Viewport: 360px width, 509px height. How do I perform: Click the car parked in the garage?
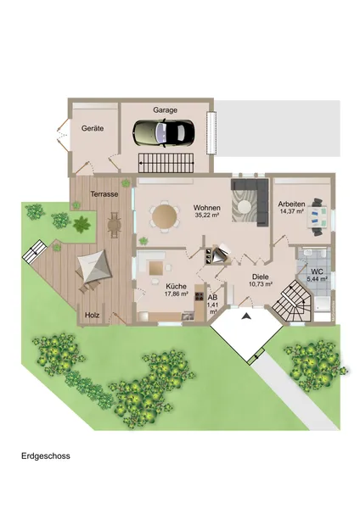click(164, 134)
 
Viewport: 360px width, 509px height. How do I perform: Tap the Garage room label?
click(166, 110)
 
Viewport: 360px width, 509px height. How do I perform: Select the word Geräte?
click(93, 128)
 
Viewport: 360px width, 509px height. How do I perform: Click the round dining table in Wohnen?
click(165, 215)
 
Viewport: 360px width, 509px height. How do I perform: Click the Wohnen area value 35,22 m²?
click(206, 215)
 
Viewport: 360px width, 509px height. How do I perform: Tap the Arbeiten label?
click(291, 204)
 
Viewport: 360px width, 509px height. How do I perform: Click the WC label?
click(317, 271)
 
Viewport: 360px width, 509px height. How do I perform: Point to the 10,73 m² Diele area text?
click(261, 284)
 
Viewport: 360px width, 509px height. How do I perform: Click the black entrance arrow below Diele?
click(246, 316)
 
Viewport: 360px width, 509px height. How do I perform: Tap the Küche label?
click(177, 287)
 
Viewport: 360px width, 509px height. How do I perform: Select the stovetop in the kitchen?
click(200, 296)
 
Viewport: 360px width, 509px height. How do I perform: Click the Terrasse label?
click(104, 194)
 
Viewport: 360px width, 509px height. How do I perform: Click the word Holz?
click(92, 316)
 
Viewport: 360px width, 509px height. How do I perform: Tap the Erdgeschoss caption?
click(46, 456)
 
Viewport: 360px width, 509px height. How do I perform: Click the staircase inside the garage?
click(166, 163)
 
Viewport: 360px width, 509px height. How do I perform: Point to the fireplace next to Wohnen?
click(218, 255)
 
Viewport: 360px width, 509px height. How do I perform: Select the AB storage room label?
click(212, 298)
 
